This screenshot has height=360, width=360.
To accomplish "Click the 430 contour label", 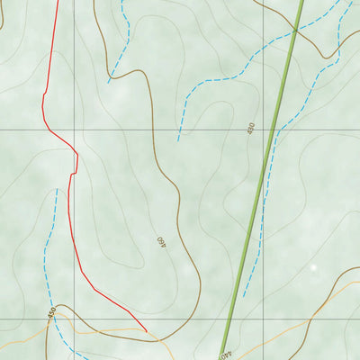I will coord(251,129).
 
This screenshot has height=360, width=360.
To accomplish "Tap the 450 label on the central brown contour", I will coord(161,242).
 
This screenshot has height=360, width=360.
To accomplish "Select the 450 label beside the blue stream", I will coord(52,312).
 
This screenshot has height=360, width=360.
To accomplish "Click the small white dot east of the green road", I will coord(313,267).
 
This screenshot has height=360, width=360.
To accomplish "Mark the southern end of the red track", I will coord(146,330).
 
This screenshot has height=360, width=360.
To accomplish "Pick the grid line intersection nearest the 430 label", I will coord(263,129).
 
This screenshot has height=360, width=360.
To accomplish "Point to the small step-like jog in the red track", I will coord(73,171).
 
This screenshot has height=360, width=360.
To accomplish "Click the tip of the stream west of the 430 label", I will coord(178,139).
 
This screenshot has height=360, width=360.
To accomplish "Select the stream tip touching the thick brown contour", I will coord(109,82).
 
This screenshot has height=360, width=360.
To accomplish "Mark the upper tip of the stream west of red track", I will coord(57,190).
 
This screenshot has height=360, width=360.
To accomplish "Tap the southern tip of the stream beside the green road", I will coord(242,297).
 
